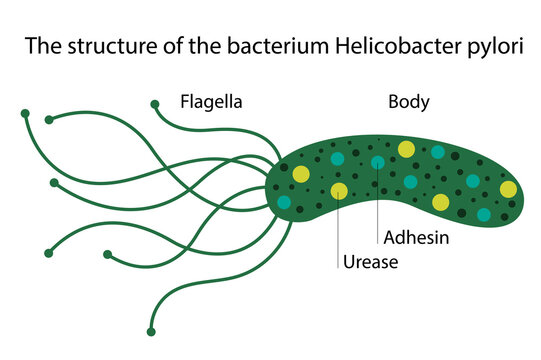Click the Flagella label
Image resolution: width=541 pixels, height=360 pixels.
click(x=211, y=101)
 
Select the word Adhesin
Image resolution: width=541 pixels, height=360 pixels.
click(x=415, y=238)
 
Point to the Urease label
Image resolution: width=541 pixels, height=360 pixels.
click(x=371, y=263)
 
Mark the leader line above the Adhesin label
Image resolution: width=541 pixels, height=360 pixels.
click(x=377, y=200)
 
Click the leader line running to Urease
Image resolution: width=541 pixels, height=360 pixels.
click(x=340, y=225)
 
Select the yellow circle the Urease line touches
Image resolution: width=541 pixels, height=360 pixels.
click(x=340, y=190)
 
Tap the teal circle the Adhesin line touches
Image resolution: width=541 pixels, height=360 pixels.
click(x=377, y=162)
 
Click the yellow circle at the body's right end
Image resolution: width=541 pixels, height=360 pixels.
click(x=508, y=189)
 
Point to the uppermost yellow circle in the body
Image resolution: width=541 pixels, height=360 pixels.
click(x=406, y=149)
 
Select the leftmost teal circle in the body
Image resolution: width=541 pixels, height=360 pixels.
click(x=284, y=202)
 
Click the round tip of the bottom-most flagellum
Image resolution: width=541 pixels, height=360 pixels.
click(x=150, y=331)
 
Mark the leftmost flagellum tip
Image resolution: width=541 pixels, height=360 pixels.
click(x=25, y=114)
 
